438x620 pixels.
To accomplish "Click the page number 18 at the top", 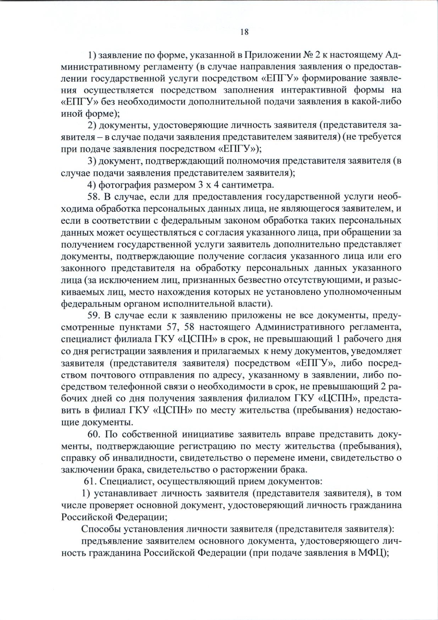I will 244,32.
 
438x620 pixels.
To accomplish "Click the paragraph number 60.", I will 94,434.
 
